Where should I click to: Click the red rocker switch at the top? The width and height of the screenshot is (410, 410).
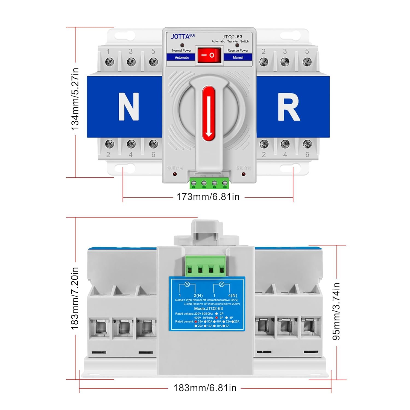click(209, 55)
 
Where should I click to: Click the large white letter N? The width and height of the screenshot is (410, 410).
click(129, 107)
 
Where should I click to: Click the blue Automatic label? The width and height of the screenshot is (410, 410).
click(182, 57)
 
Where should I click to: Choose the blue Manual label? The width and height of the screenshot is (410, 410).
click(238, 57)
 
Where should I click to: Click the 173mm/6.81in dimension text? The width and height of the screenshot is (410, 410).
click(208, 197)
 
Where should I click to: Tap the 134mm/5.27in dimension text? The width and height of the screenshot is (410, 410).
click(75, 99)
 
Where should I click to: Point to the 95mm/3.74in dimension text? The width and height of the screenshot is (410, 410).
click(336, 311)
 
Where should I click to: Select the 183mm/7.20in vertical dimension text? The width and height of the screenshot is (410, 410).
click(75, 298)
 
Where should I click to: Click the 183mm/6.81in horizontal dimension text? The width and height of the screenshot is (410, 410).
click(205, 388)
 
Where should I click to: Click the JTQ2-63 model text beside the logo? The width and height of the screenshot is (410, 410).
click(232, 37)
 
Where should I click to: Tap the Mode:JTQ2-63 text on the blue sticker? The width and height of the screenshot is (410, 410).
click(208, 308)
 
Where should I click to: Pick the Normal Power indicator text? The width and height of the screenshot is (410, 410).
click(182, 51)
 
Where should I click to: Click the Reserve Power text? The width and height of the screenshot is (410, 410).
click(238, 51)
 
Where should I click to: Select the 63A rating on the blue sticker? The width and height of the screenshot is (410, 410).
click(200, 321)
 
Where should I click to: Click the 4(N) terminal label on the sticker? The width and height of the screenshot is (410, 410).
click(233, 295)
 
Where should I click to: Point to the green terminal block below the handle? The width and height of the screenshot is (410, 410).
click(209, 183)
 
